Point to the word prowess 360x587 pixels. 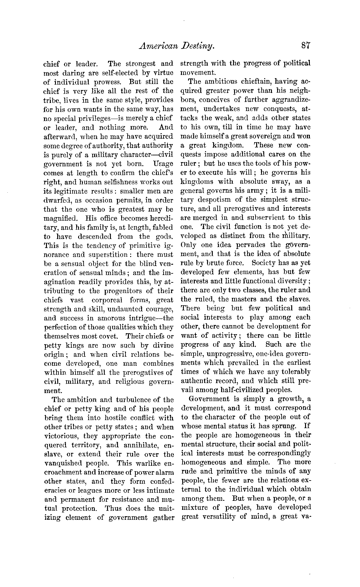pyautogui.click(x=109, y=82)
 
